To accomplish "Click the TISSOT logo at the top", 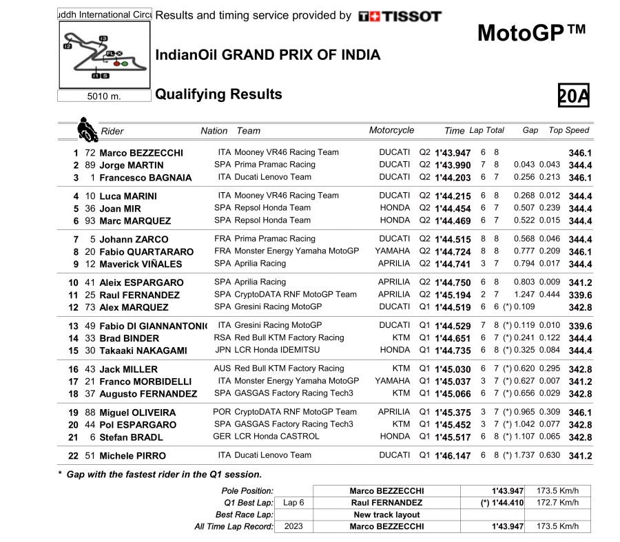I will tap(400, 16).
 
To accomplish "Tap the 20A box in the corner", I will tap(573, 96).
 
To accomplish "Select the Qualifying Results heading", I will tap(218, 94).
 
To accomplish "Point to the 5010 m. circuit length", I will tap(104, 96).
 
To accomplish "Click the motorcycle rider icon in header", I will tap(86, 129).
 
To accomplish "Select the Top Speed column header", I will tap(568, 130).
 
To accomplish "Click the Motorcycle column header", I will tap(391, 130).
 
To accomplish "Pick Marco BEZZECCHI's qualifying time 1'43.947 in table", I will tap(453, 153).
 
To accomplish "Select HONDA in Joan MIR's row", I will tap(395, 207).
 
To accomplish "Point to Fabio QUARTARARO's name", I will tap(146, 251).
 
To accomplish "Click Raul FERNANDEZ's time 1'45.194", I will tap(453, 295).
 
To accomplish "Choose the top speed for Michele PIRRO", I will tap(580, 456).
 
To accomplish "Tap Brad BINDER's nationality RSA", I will tap(223, 337).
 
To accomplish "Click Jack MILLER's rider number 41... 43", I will tap(89, 369).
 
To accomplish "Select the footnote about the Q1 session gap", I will tap(160, 474).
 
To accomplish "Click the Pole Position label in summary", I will tap(247, 491).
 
